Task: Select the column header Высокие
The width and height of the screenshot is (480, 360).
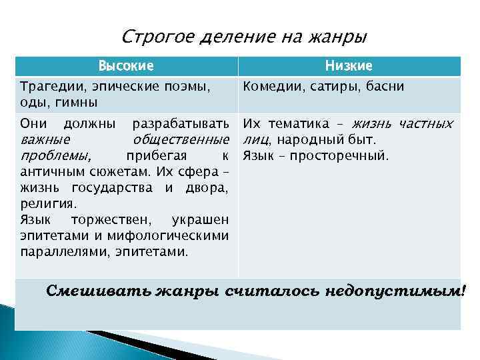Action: pos(126,66)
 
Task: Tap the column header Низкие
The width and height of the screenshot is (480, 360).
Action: pos(349,66)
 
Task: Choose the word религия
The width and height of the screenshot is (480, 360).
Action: pos(49,204)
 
